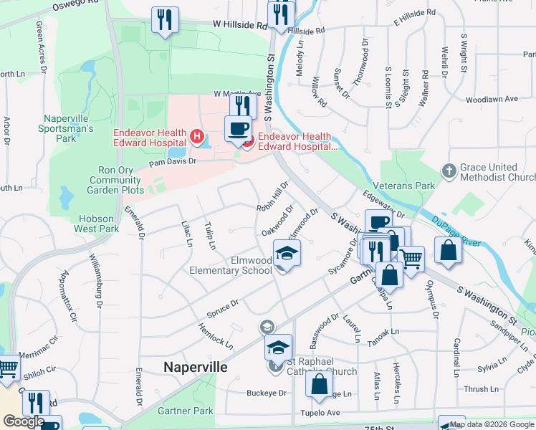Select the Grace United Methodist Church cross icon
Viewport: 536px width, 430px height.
click(x=449, y=171)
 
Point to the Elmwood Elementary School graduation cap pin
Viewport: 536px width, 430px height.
click(x=286, y=255)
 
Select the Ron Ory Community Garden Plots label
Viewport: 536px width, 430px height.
click(x=115, y=181)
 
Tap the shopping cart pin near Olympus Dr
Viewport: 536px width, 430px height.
click(x=411, y=259)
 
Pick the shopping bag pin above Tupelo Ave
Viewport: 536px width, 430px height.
click(x=319, y=385)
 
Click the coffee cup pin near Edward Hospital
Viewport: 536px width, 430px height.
click(x=238, y=130)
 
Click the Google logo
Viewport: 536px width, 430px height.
click(x=24, y=421)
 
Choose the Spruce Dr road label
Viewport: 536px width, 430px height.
click(x=224, y=306)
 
